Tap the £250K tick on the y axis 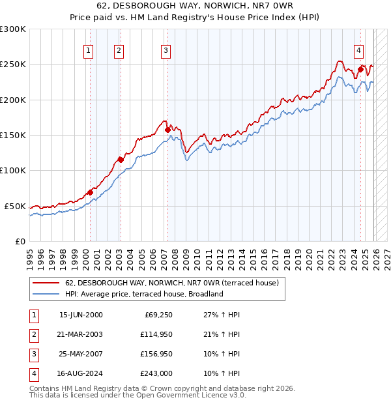pos(13,65)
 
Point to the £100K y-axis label pos(13,171)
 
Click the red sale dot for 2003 pos(121,160)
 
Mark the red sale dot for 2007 pos(167,130)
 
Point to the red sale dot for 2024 pos(360,69)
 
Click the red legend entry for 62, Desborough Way pos(171,283)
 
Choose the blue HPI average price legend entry pos(144,294)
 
